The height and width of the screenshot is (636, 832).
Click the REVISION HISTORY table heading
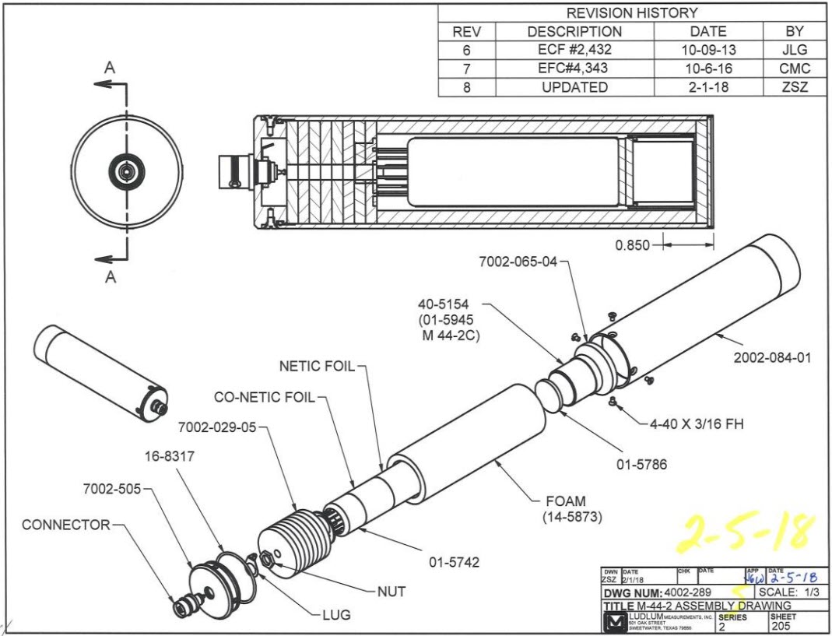point(631,13)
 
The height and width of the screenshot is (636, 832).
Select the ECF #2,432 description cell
point(574,51)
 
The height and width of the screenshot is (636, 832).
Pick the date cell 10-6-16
point(708,69)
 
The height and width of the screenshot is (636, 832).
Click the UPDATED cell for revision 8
point(574,88)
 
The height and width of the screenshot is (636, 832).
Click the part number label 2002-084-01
point(772,358)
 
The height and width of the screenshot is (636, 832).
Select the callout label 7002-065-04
point(518,262)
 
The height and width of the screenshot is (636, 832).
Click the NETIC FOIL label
point(317,366)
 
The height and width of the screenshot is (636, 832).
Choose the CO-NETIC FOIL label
point(264,397)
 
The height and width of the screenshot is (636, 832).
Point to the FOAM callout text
point(566,501)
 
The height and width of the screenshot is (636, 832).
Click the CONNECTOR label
point(66,525)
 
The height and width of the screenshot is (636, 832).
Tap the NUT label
point(391,592)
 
